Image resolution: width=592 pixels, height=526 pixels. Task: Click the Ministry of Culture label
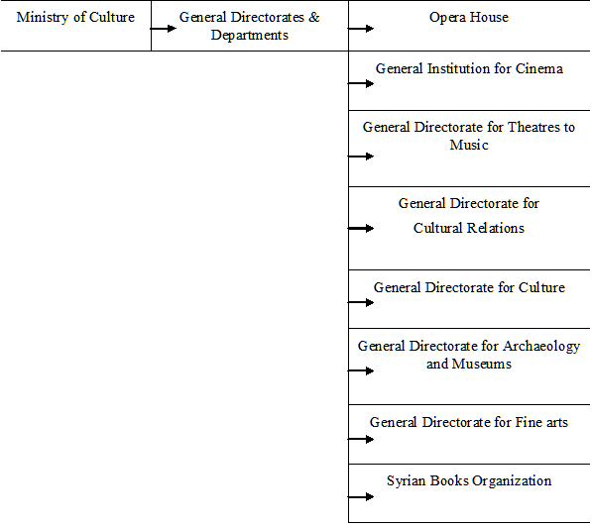click(x=75, y=18)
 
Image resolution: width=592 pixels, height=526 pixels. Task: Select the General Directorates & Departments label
click(x=250, y=26)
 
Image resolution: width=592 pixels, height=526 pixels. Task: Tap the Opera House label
click(x=469, y=18)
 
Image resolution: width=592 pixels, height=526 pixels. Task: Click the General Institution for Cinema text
click(x=469, y=68)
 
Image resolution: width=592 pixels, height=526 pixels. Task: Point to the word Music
click(x=469, y=145)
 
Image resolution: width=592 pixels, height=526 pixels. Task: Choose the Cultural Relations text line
click(x=469, y=228)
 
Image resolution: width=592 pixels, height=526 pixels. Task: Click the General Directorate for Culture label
click(x=469, y=287)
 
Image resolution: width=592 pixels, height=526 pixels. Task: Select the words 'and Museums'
click(x=469, y=364)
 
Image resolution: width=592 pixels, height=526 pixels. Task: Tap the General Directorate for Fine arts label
click(x=469, y=422)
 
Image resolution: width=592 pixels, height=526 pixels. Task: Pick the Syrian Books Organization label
click(x=469, y=481)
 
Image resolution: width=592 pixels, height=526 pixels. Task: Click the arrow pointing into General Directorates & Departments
click(x=163, y=29)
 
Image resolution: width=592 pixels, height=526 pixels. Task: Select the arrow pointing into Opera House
click(x=361, y=29)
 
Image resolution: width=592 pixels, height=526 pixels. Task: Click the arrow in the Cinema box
click(x=361, y=83)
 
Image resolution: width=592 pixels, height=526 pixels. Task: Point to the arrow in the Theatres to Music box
click(x=361, y=157)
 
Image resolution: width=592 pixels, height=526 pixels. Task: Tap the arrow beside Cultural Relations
click(x=361, y=228)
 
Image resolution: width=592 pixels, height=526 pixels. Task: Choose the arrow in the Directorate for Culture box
click(x=361, y=302)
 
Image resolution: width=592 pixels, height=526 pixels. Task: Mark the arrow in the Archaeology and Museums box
click(x=361, y=371)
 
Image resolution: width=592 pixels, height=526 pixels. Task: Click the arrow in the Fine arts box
click(x=361, y=439)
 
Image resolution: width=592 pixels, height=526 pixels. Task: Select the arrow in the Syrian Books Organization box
click(x=361, y=497)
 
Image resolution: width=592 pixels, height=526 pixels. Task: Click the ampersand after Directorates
click(x=314, y=18)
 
